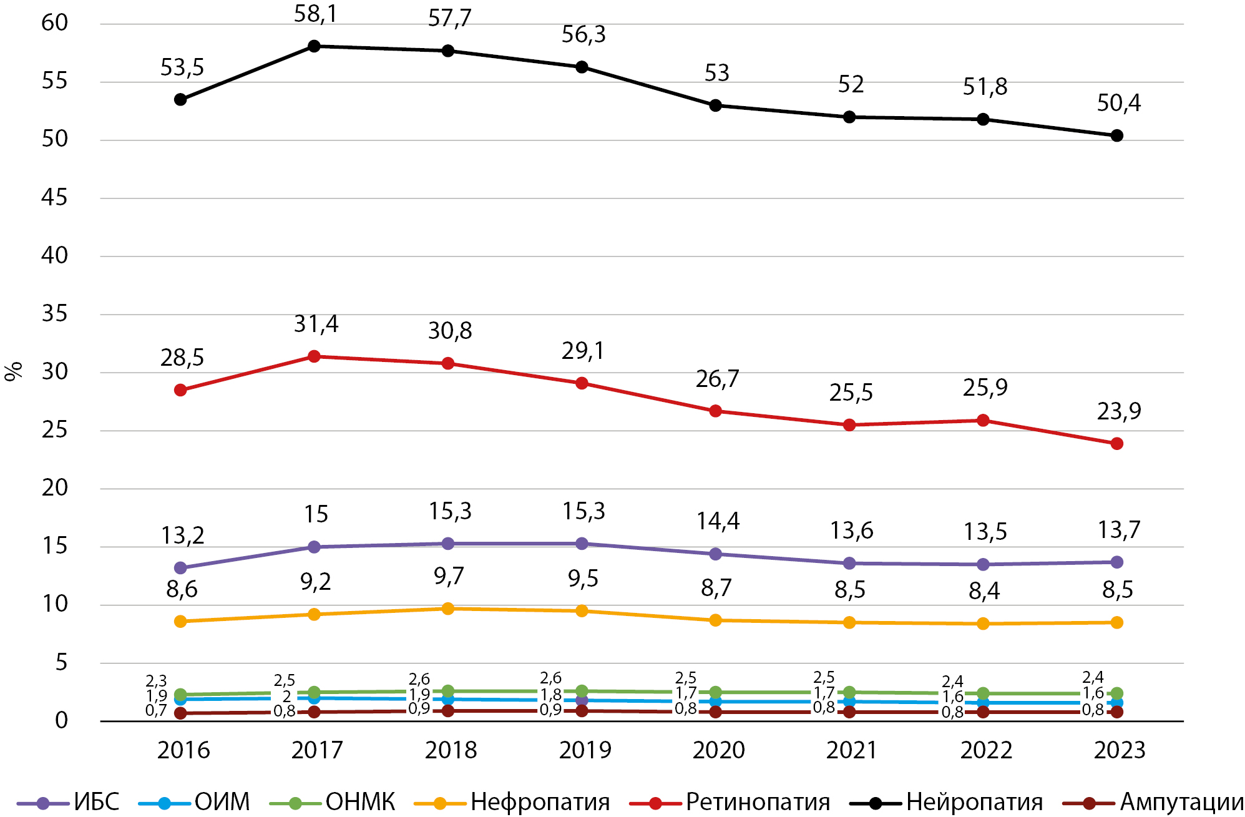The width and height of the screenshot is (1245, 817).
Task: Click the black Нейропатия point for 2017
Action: point(314,46)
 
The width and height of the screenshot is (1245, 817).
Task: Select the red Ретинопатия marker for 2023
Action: point(1116,444)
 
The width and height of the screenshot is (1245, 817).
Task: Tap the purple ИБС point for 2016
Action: point(180,568)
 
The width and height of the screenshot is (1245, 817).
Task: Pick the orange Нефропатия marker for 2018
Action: point(447,609)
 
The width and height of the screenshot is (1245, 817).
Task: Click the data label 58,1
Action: point(315,14)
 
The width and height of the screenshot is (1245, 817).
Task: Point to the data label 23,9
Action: point(1118,411)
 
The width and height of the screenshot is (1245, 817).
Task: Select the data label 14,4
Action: point(718,521)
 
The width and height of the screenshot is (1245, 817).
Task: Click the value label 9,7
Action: point(449,576)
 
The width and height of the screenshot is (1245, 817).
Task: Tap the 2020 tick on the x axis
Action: point(718,750)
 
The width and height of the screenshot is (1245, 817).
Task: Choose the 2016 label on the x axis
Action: point(183,750)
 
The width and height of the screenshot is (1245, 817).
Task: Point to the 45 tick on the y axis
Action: point(54,198)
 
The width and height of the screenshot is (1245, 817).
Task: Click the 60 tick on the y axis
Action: point(54,23)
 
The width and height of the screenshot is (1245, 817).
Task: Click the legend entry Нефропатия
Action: point(540,802)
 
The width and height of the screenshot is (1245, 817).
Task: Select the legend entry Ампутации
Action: point(1181,802)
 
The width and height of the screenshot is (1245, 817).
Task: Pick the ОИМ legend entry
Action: point(222,802)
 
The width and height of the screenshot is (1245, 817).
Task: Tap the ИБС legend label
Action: point(96,802)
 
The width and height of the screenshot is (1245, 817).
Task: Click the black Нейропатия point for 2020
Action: point(716,105)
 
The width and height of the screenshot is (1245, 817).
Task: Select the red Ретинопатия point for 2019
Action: point(582,383)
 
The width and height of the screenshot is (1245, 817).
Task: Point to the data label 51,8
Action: point(985,87)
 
